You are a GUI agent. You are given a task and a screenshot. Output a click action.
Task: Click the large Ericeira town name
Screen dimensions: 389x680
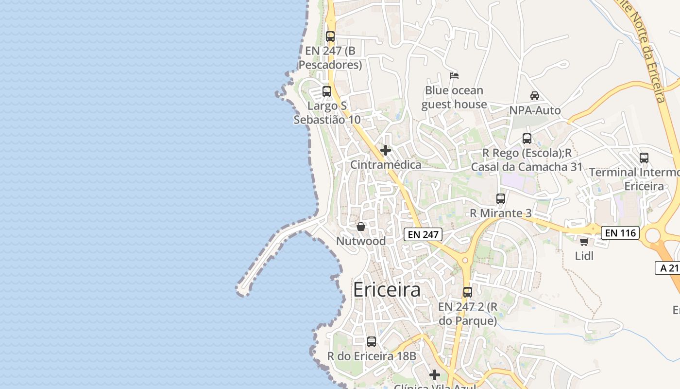click(x=387, y=290)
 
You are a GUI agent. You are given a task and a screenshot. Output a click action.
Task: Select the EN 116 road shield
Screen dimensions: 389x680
click(x=620, y=233)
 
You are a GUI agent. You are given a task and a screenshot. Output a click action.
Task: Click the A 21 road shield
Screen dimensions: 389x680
click(x=668, y=267)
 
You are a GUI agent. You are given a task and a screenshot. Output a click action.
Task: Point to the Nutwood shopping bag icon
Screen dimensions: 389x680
click(x=361, y=227)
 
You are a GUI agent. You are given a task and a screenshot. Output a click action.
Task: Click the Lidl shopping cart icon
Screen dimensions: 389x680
click(x=584, y=242)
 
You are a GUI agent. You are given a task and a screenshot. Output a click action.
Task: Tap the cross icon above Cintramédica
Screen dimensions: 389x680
click(x=386, y=150)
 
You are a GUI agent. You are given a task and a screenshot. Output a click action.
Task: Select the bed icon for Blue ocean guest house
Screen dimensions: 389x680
click(x=454, y=76)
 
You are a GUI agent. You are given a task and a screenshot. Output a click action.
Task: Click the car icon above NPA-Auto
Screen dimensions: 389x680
click(x=535, y=96)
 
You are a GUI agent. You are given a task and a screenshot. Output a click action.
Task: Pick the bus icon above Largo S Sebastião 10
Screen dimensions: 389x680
click(x=327, y=91)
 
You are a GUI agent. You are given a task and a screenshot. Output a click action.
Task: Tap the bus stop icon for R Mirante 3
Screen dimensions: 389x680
click(x=501, y=199)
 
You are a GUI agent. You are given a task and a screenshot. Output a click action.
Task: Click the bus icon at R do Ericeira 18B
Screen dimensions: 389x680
click(x=372, y=342)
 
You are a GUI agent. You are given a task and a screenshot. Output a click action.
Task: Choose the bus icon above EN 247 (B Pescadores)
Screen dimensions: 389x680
click(x=330, y=36)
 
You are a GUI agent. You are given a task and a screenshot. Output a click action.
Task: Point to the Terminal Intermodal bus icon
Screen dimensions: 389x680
click(x=644, y=158)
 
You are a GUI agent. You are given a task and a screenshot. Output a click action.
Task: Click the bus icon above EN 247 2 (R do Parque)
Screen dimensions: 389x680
click(x=468, y=292)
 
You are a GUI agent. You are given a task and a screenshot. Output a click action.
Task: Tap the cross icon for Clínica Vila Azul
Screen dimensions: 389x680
click(x=435, y=375)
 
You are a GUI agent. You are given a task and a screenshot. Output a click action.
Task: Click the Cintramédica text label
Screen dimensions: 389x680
click(x=386, y=165)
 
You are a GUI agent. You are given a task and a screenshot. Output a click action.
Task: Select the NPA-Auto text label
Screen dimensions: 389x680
click(x=535, y=110)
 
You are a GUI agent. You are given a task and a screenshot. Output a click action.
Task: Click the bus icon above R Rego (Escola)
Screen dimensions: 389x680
click(x=527, y=139)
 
